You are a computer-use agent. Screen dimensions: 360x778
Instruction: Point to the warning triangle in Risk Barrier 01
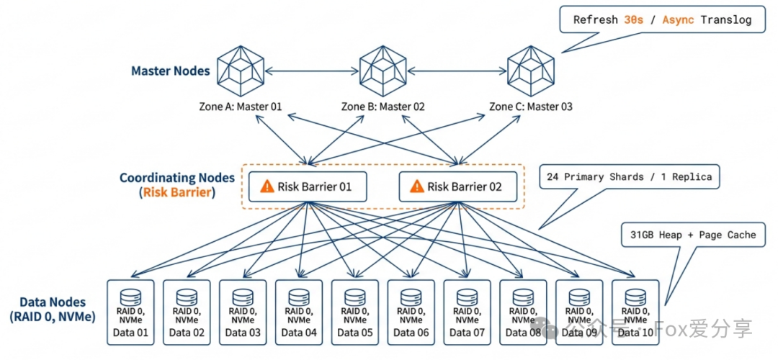(x=267, y=186)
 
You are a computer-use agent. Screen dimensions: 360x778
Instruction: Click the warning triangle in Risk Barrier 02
(x=416, y=186)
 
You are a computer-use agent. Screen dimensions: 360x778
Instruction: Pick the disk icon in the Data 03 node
(x=243, y=297)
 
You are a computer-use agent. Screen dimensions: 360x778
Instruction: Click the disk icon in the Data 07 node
(x=468, y=297)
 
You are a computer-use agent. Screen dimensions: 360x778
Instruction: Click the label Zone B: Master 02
(x=383, y=107)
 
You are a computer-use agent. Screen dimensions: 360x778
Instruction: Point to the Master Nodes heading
(x=171, y=71)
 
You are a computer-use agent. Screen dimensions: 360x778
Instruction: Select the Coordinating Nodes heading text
(x=177, y=177)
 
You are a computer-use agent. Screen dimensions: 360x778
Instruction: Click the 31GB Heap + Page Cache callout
(x=693, y=234)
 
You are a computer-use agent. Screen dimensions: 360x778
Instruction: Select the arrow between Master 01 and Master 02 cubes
(x=311, y=70)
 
